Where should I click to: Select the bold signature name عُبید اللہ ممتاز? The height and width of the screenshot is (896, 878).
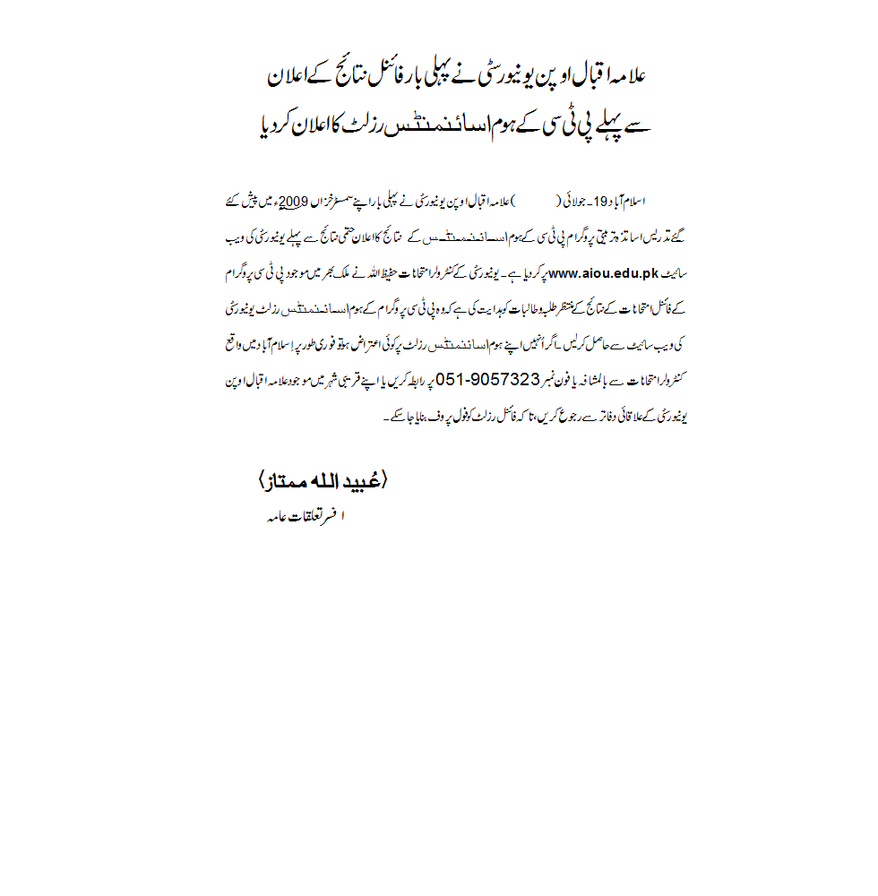(x=323, y=482)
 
